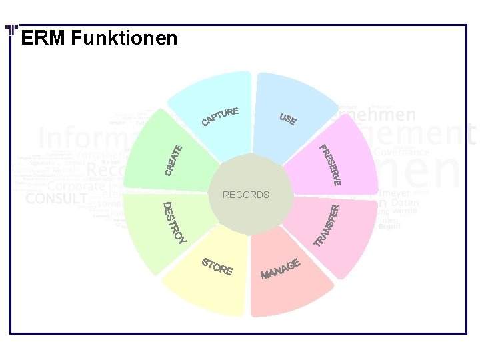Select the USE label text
288,119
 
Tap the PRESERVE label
330,165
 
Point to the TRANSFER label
329,224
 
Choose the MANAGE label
281,268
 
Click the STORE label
217,266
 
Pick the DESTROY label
175,222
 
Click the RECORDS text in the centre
246,195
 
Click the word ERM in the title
43,38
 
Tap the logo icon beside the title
11,31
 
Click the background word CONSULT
56,199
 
